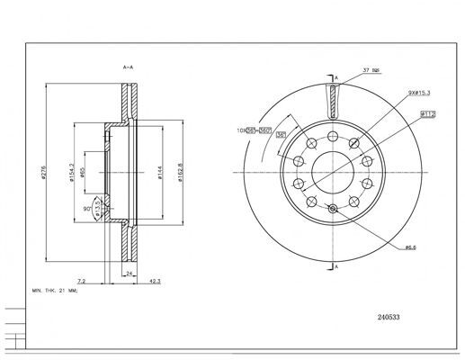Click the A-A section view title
[128, 67]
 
